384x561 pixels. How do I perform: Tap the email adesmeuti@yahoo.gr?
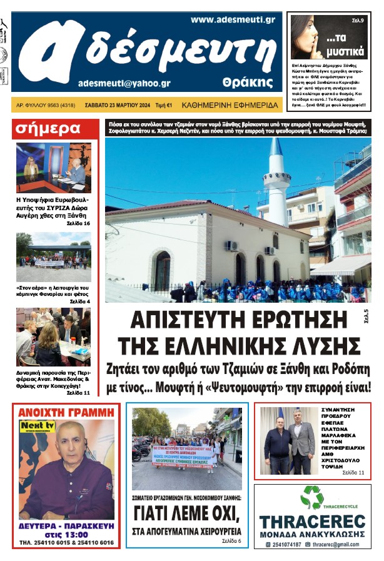pos(124,83)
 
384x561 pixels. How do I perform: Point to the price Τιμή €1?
pos(164,106)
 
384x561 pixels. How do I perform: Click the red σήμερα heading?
pos(48,129)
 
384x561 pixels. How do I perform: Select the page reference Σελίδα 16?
pos(78,223)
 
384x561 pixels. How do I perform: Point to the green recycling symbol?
pos(311,498)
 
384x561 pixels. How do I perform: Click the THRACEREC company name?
pos(311,522)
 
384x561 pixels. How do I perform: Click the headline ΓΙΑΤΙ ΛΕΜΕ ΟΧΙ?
pos(187,515)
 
